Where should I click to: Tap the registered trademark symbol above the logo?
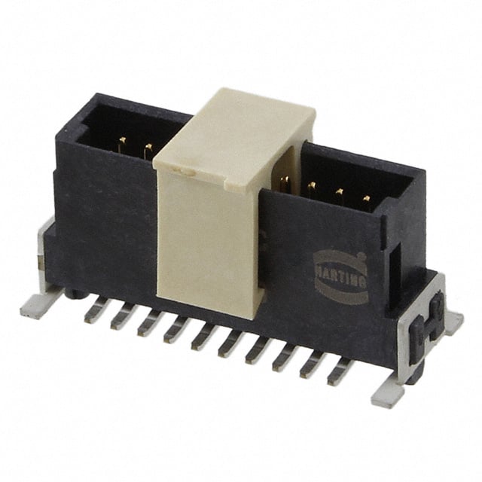pos(361,256)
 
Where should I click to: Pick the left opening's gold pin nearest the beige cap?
pos(148,151)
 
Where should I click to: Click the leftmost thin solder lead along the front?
pos(98,310)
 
